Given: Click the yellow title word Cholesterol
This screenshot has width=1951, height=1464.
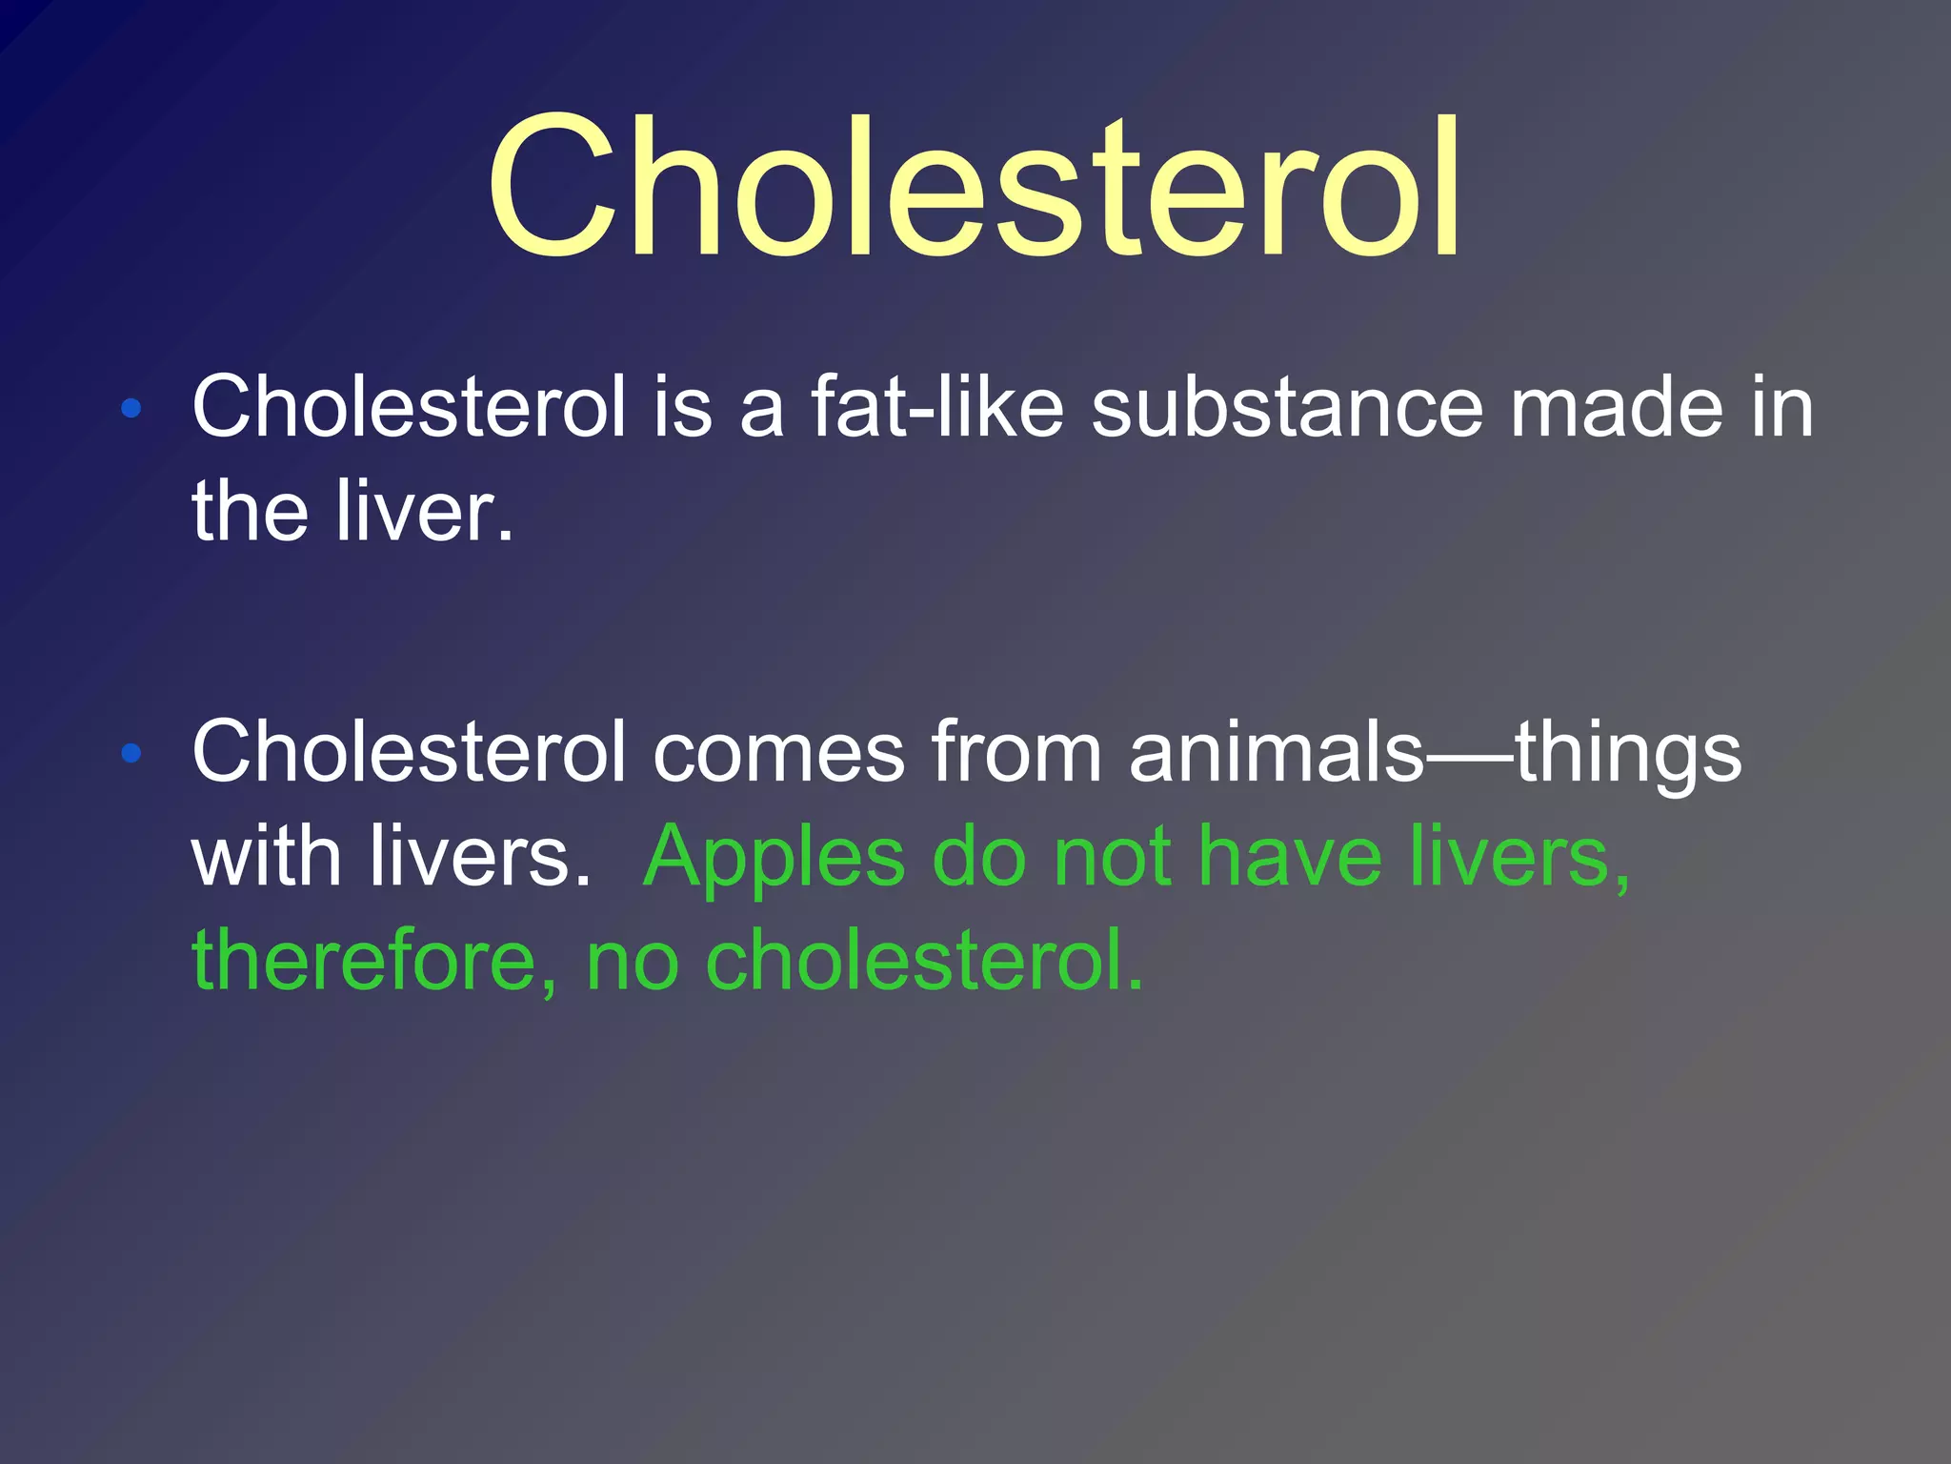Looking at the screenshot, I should [x=974, y=187].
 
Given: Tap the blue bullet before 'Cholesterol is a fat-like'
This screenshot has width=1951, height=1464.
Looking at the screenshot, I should [x=131, y=410].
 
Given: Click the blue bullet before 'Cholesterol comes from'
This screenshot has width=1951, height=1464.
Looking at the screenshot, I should [x=131, y=754].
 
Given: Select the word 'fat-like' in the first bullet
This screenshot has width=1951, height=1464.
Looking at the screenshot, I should [x=937, y=407].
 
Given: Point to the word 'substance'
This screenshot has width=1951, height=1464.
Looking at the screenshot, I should [x=1287, y=407].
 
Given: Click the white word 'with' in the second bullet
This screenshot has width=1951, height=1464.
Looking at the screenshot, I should [x=267, y=855].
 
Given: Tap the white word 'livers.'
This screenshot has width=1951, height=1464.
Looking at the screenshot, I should [x=480, y=855].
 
